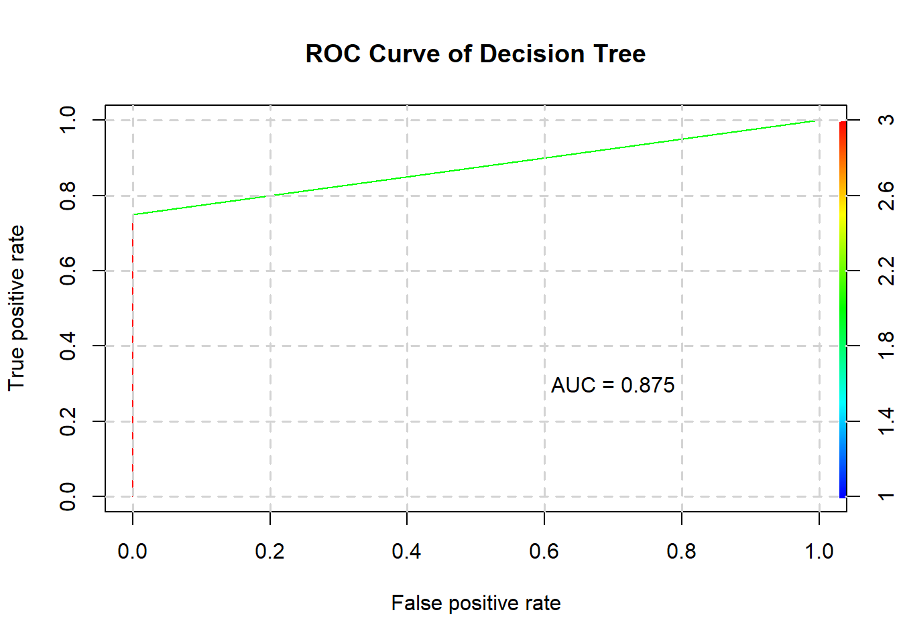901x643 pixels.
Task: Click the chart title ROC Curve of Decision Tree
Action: tap(475, 54)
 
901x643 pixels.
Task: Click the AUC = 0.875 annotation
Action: tap(613, 385)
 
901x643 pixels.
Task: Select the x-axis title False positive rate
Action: tap(475, 603)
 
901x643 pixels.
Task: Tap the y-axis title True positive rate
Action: tap(16, 308)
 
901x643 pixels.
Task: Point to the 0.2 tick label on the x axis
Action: tap(269, 551)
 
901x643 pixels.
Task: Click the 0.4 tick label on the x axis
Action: tap(406, 551)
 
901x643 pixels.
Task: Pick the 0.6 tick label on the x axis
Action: tap(544, 551)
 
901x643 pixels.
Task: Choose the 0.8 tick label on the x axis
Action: tap(681, 551)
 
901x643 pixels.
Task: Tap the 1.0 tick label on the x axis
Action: tap(819, 551)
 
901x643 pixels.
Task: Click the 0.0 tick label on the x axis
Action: tap(132, 551)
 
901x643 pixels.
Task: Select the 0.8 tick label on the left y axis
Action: tap(68, 196)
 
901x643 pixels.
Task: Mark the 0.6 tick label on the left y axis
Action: tap(68, 271)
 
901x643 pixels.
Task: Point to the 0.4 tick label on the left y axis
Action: tap(68, 346)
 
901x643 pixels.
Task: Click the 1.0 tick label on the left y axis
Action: tap(68, 120)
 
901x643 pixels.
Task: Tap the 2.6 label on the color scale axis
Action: tap(886, 196)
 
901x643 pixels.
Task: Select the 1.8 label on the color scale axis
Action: tap(886, 346)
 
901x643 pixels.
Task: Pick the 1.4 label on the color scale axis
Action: tap(886, 421)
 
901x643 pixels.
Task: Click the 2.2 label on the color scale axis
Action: tap(886, 271)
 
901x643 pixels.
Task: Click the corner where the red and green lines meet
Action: tap(133, 215)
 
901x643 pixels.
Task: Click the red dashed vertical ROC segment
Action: tap(133, 355)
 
